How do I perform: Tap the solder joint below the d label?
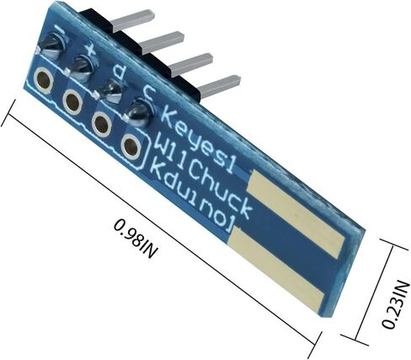click(111, 90)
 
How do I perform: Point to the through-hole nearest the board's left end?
click(43, 80)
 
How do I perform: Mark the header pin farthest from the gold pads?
click(132, 20)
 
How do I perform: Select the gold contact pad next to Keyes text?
click(296, 213)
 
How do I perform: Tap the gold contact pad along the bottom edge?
click(276, 270)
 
